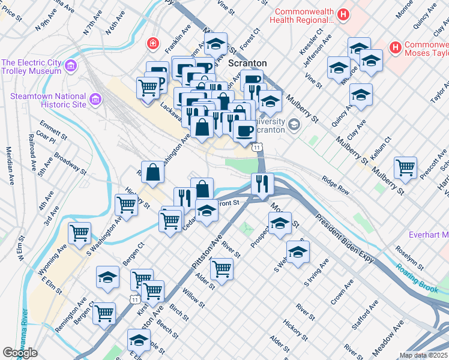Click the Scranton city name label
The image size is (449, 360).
(x=247, y=63)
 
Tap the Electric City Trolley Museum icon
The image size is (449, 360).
(x=71, y=65)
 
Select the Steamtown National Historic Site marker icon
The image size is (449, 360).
(x=94, y=100)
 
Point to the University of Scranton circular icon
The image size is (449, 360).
(x=294, y=125)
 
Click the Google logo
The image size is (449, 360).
(x=20, y=353)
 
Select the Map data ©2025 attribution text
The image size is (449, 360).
(x=423, y=355)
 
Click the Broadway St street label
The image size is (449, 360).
(x=70, y=163)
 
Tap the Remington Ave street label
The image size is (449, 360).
(x=70, y=307)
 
